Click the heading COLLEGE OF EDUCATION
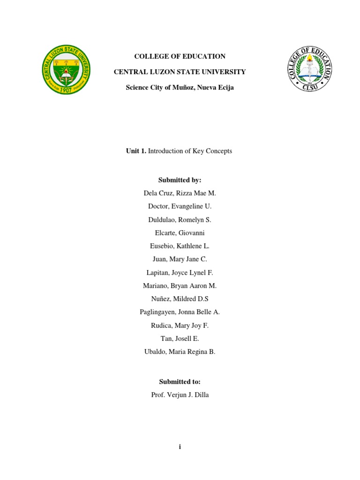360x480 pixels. (x=180, y=56)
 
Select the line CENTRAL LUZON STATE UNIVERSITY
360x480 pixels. (x=180, y=72)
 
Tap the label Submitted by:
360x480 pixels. (x=180, y=180)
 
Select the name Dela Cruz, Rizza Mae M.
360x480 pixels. (x=180, y=193)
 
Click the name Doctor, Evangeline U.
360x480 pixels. (x=180, y=206)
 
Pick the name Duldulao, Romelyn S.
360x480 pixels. (x=180, y=219)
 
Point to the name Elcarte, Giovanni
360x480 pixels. (x=180, y=232)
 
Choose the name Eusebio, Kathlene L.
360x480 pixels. (x=180, y=246)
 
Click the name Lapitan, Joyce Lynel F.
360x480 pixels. (x=180, y=272)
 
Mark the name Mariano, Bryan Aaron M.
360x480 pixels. (x=180, y=285)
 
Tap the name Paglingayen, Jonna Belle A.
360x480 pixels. (x=180, y=312)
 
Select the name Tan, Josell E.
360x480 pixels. (x=180, y=338)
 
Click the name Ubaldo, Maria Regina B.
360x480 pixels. (x=180, y=352)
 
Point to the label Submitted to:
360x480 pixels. (x=180, y=382)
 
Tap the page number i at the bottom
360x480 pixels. (x=180, y=447)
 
